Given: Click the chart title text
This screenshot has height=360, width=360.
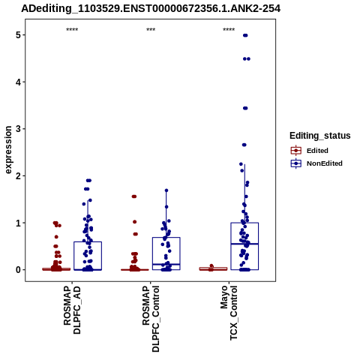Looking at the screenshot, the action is click(x=151, y=9).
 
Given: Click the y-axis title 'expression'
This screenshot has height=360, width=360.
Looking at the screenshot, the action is click(x=8, y=150).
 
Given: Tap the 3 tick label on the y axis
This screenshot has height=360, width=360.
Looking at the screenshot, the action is click(x=18, y=129).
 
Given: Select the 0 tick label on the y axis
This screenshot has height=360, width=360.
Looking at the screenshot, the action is click(x=18, y=270).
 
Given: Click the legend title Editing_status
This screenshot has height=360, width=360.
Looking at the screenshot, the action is click(x=320, y=136).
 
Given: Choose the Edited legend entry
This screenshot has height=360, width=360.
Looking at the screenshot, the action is click(x=310, y=151).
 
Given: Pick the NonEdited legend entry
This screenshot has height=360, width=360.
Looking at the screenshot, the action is click(x=316, y=163).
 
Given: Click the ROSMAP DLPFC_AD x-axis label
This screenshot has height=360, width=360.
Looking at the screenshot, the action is click(x=72, y=310).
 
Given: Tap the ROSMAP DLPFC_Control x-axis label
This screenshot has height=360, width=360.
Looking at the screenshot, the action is click(x=151, y=319).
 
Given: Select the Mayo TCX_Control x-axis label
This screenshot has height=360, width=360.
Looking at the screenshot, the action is click(x=229, y=313).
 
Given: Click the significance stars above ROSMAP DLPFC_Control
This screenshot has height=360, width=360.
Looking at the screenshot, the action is click(x=151, y=30).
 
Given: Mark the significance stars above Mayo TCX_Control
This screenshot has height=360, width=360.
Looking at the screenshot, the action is click(x=229, y=30).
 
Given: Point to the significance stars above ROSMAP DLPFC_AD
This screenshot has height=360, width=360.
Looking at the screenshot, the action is click(x=72, y=30).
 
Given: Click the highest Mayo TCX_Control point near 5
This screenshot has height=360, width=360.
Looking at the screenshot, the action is click(x=245, y=35).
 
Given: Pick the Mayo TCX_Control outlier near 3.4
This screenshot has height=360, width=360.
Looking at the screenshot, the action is click(x=245, y=108).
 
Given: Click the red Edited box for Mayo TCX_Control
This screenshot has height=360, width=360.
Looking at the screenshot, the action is click(x=213, y=268).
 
